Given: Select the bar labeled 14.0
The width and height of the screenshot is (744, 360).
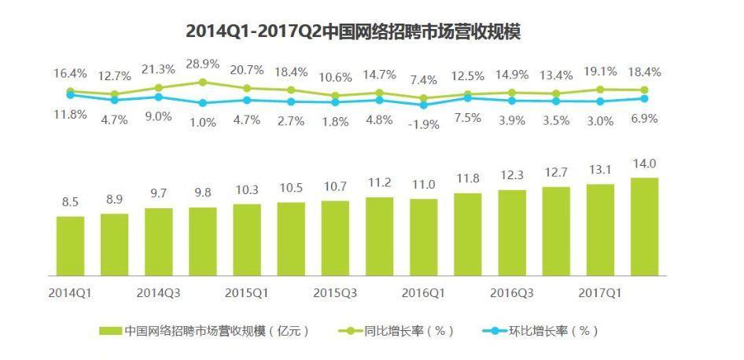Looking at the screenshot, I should [x=644, y=226].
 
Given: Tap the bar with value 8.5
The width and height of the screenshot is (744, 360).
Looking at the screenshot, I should [x=70, y=245].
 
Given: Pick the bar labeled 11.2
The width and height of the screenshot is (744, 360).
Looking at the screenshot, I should [x=379, y=236].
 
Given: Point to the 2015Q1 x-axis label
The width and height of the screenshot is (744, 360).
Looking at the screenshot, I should [x=247, y=292].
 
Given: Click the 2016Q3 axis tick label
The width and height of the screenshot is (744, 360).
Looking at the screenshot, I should [x=512, y=292].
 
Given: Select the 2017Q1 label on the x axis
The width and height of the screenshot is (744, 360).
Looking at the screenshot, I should [x=600, y=292].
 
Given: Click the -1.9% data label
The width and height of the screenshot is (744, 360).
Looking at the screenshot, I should [x=425, y=125].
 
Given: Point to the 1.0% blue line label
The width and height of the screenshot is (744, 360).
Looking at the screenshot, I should [x=203, y=123].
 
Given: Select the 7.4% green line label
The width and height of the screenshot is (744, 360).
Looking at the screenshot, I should [x=424, y=80].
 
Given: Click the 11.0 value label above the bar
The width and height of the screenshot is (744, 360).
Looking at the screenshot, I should [x=424, y=184].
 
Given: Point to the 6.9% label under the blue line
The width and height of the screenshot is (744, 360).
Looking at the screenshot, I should [x=644, y=119].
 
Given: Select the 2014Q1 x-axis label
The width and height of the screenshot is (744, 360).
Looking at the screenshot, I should [x=71, y=292].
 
